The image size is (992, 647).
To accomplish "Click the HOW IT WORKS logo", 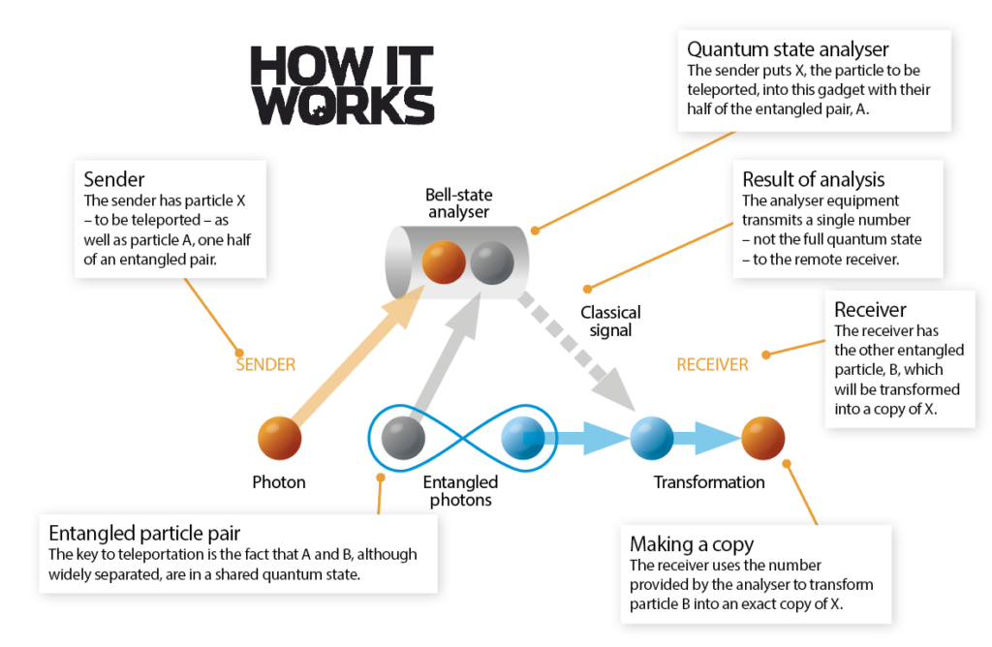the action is (x=342, y=84).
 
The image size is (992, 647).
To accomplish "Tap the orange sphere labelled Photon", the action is (x=280, y=438).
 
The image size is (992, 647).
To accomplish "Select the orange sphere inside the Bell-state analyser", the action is (x=444, y=262).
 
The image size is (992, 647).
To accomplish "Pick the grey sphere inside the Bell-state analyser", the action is (x=492, y=262).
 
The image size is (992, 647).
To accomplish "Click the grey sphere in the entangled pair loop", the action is (x=403, y=438).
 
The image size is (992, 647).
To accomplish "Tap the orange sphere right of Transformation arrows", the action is (x=763, y=438).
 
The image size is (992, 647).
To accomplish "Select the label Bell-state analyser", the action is (x=458, y=203).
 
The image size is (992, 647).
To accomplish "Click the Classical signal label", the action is (x=610, y=322).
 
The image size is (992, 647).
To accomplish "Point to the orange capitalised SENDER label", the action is (x=265, y=364).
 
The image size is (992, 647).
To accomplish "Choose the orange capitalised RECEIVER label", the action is (x=712, y=364).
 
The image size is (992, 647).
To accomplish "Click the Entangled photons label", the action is (x=460, y=491).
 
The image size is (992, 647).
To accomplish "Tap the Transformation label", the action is (x=709, y=482).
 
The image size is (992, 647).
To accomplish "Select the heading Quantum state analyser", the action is (x=788, y=49).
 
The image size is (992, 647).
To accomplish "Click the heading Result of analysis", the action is (x=814, y=179).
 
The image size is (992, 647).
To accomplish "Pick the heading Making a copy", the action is (x=692, y=544).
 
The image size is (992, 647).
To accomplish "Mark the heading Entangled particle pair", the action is (x=144, y=533).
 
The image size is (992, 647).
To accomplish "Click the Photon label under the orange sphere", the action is (x=279, y=482).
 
